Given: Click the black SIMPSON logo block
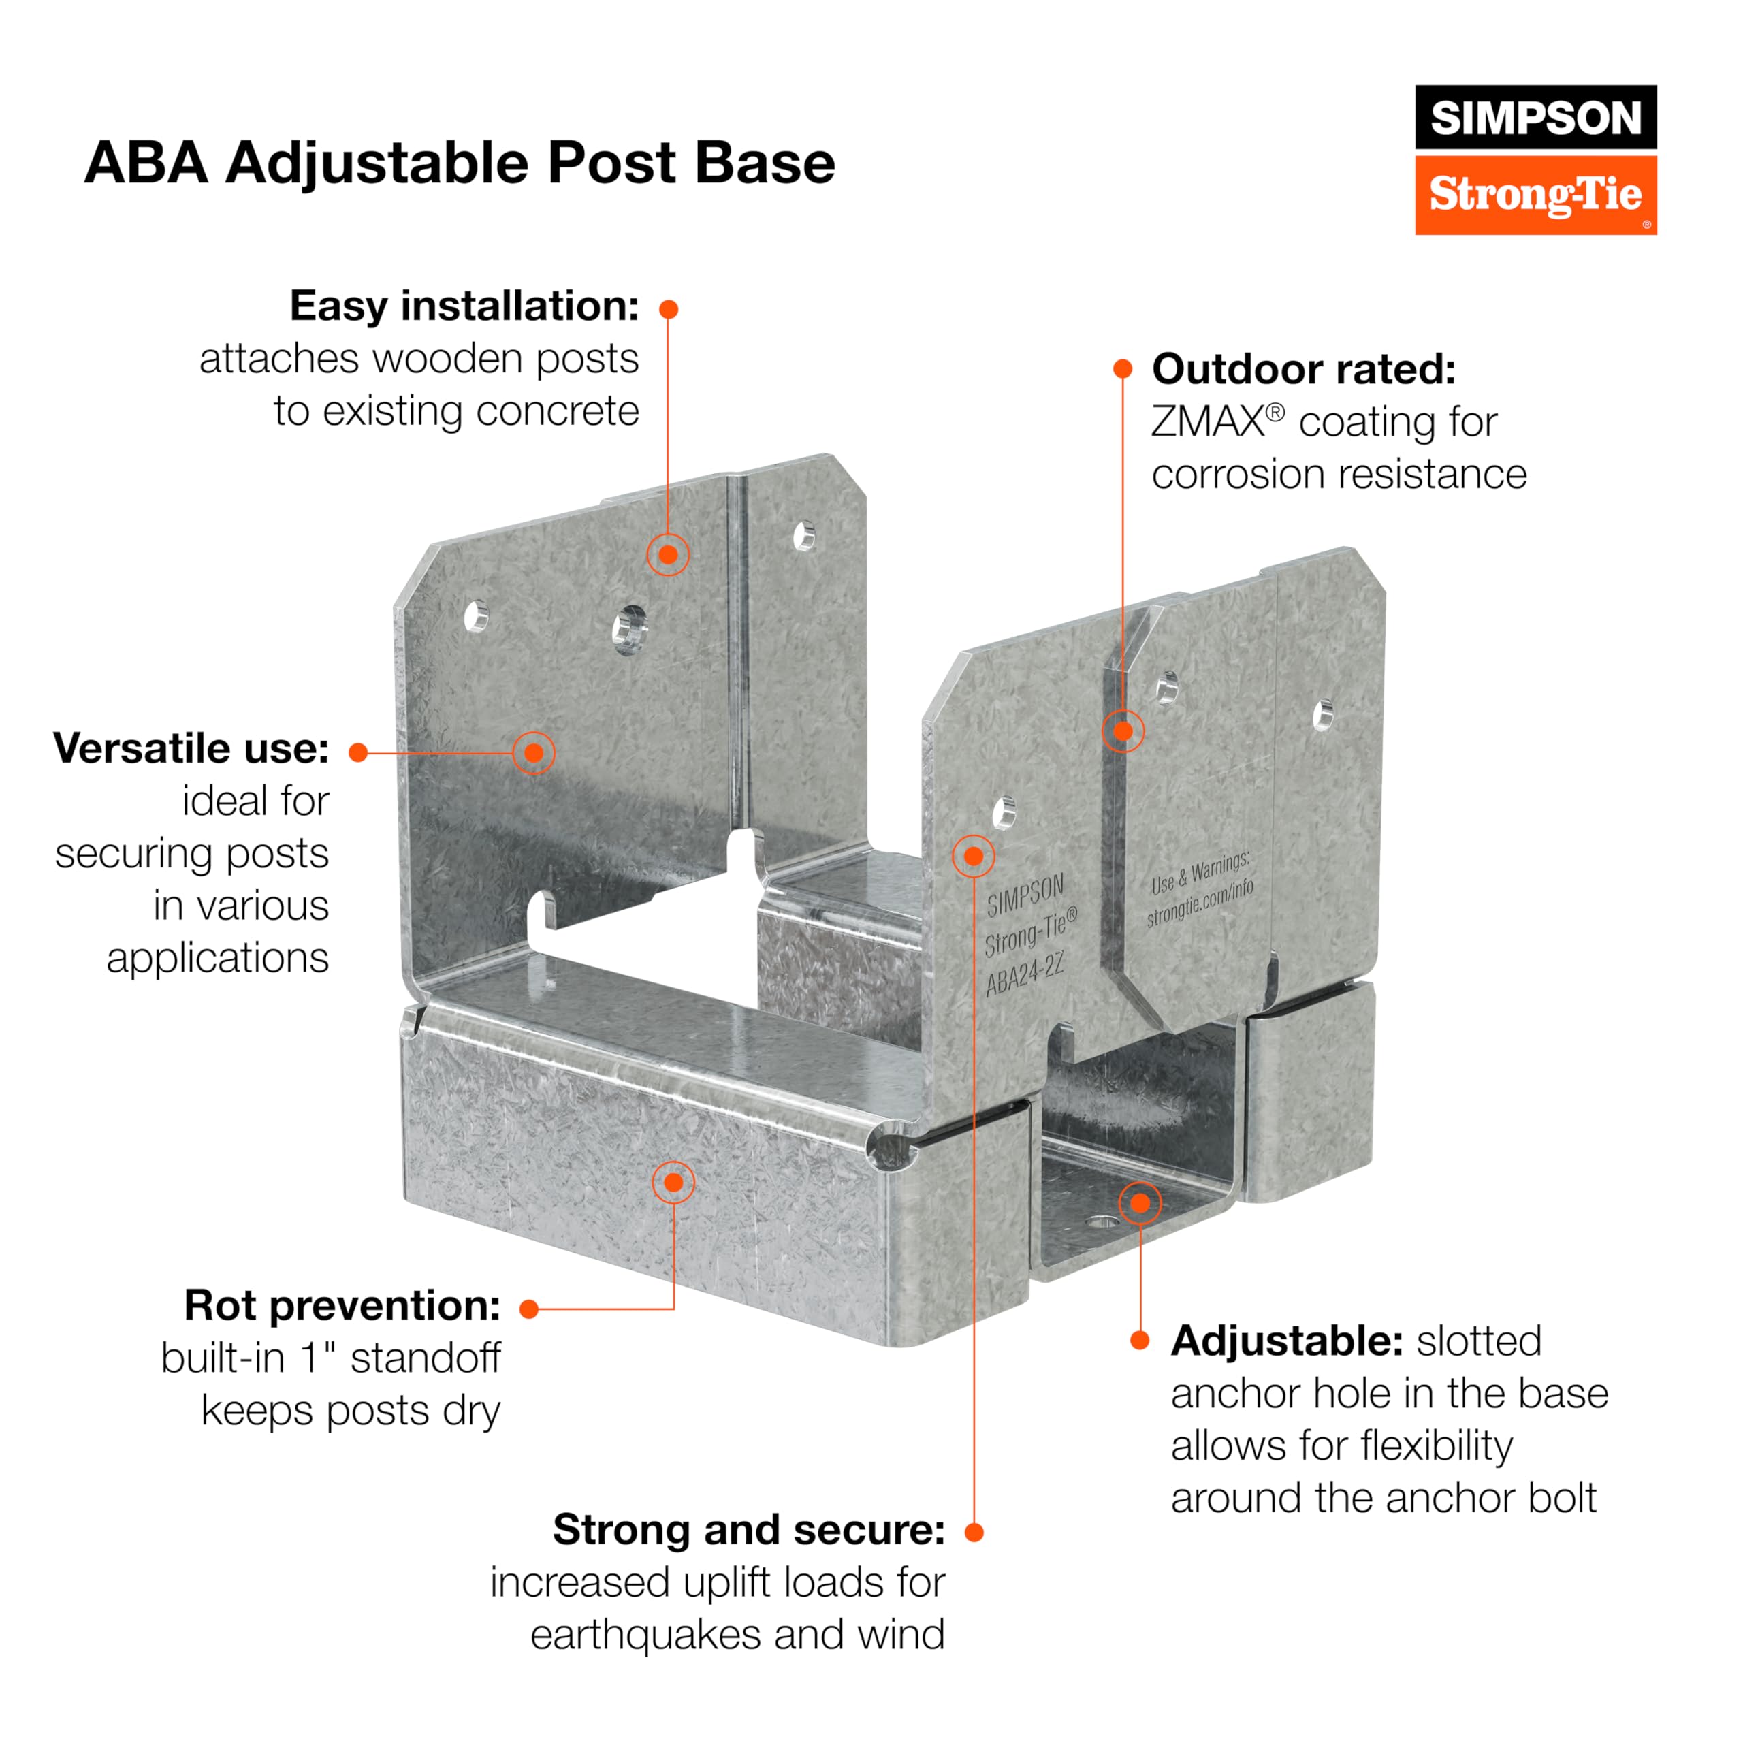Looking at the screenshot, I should pos(1535,117).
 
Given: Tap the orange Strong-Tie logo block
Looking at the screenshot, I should pos(1535,195).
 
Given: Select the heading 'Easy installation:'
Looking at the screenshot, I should pos(464,306).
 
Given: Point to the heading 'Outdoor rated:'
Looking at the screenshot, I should pos(1304,369).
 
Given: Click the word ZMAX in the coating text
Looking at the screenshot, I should pos(1208,422).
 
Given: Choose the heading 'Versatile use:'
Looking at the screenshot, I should pos(191,748).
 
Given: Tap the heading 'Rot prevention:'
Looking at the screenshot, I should pos(342,1305).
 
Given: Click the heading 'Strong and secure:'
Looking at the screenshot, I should pos(749,1529).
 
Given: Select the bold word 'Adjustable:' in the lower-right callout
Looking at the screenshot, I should pos(1287,1341).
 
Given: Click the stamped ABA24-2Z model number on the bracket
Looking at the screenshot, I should pos(1025,975).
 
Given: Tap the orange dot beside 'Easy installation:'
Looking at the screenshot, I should pos(669,309).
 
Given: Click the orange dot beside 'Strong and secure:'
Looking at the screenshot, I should pos(974,1532).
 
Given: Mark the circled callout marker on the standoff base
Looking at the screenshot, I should pos(673,1182).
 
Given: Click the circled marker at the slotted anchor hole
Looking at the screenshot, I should pos(1140,1202).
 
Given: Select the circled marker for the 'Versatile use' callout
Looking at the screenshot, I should pos(533,752).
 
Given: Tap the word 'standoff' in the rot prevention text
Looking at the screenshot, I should pos(425,1358).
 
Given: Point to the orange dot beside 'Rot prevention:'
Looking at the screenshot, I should pos(530,1309).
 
